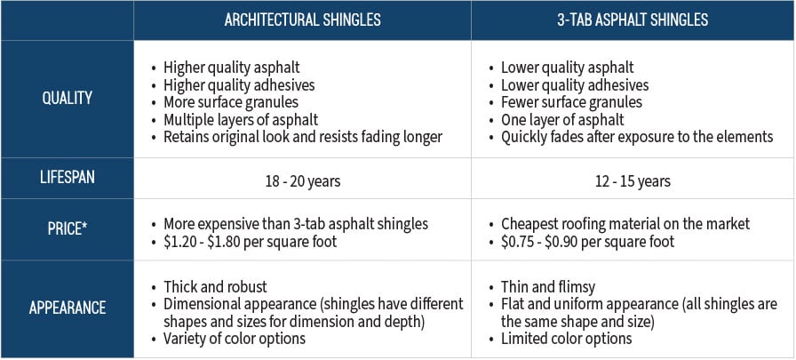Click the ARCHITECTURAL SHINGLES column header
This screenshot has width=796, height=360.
click(302, 20)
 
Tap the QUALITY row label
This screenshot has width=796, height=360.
click(67, 98)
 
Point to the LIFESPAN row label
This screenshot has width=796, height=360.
click(67, 178)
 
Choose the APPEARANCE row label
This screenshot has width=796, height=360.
click(67, 308)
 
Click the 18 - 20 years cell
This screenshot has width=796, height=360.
click(302, 181)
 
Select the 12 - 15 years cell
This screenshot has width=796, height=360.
click(633, 181)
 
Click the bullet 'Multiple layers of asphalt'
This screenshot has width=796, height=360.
click(241, 120)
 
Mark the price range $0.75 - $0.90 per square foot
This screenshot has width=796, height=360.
click(587, 241)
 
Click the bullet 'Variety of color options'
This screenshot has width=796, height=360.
click(235, 338)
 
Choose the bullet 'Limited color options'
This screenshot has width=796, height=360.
click(566, 338)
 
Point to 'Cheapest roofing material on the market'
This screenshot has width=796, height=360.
click(625, 224)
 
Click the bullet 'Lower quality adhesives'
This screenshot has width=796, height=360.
click(575, 85)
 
